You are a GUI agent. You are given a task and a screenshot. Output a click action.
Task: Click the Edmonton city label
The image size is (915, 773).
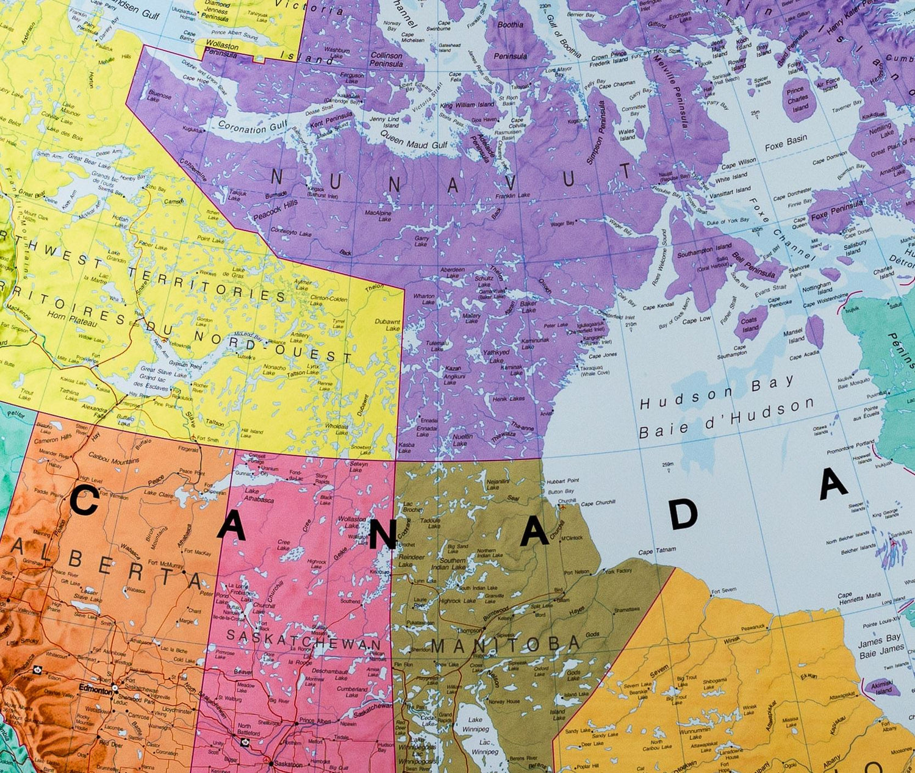click(x=96, y=689)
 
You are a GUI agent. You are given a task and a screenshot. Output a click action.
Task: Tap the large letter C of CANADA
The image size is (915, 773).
click(x=84, y=502)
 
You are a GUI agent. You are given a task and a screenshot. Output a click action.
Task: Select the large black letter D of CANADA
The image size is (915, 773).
click(x=683, y=514)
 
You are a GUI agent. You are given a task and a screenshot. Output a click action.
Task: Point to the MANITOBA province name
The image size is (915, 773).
click(x=506, y=644)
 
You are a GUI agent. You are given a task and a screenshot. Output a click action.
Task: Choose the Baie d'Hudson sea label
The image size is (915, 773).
click(x=726, y=420)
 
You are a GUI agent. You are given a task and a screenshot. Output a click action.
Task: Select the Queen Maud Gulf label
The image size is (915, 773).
click(x=414, y=141)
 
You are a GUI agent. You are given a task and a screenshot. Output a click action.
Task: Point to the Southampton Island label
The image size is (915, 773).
click(x=704, y=250)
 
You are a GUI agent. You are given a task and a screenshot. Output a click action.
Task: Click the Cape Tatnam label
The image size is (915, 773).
click(x=657, y=551)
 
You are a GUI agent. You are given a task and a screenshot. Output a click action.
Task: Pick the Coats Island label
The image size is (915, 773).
click(x=749, y=324)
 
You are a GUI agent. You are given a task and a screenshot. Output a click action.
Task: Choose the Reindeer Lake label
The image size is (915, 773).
click(x=411, y=561)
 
